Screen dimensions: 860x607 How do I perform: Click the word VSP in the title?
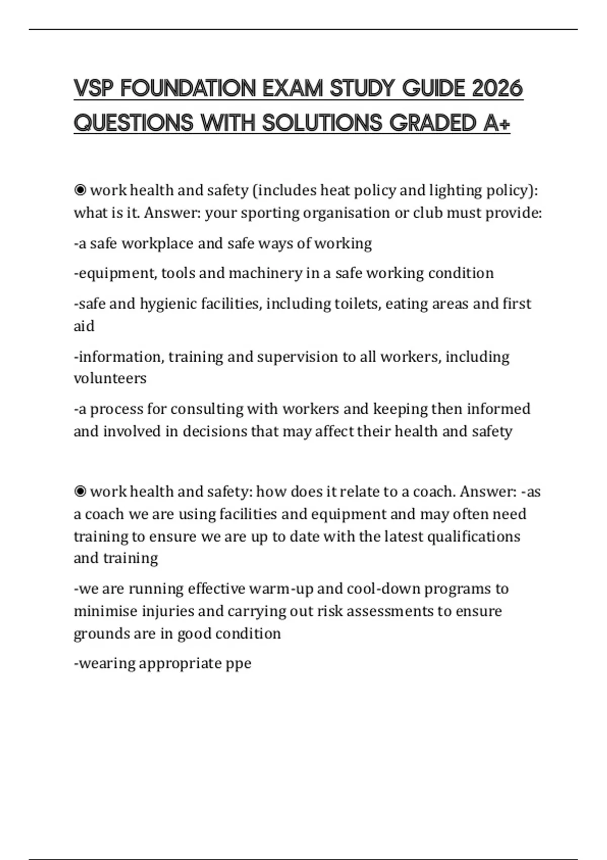[94, 89]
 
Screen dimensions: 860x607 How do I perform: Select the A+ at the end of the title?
[496, 123]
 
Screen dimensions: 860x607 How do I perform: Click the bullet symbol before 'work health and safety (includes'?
[80, 190]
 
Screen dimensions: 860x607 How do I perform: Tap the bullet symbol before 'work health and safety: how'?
[80, 491]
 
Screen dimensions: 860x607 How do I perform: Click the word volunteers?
[110, 378]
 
